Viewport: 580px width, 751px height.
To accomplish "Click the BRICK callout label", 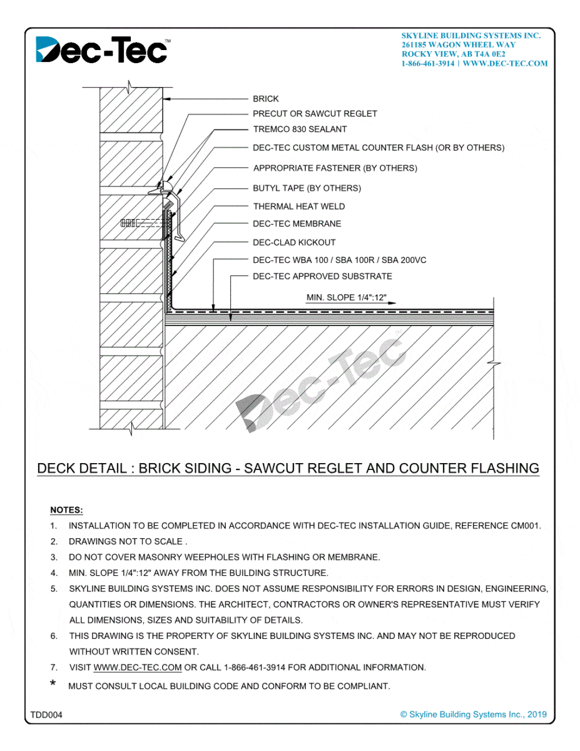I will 266,99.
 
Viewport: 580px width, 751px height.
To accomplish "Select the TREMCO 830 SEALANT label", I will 300,130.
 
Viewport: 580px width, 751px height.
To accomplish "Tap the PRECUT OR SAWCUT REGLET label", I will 315,114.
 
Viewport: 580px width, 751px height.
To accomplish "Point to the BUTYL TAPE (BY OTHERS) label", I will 307,188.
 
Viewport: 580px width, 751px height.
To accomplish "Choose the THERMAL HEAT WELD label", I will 298,207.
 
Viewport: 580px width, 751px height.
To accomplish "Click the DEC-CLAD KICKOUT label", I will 294,242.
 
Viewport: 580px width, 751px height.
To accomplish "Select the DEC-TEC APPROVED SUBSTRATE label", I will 322,277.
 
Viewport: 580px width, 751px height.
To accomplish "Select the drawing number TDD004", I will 46,715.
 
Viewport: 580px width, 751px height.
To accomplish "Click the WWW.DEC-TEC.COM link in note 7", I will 137,668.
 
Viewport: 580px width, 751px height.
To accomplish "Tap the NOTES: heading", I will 66,511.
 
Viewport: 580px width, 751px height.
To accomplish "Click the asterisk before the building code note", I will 53,685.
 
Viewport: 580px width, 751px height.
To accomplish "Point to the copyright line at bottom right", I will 473,715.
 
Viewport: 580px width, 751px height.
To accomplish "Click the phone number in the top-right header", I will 428,64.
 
